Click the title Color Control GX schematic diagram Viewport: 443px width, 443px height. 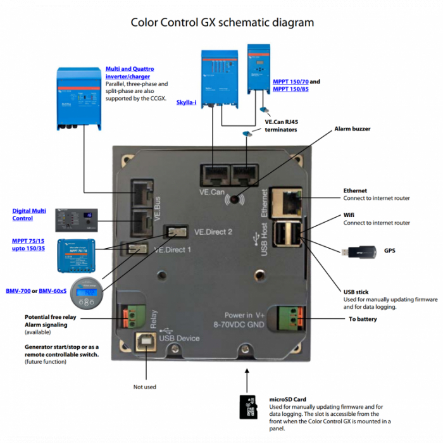click(221, 23)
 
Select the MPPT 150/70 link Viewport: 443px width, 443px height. click(290, 82)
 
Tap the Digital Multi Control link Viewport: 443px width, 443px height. click(30, 215)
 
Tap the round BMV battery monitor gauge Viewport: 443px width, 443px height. click(87, 292)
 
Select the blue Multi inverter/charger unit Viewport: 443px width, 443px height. click(78, 98)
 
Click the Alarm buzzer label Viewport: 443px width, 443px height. click(353, 129)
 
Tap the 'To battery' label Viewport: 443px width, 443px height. click(363, 319)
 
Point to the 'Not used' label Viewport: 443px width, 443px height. click(145, 387)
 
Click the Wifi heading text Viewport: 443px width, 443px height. click(349, 215)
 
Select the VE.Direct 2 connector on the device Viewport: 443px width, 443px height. click(175, 232)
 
